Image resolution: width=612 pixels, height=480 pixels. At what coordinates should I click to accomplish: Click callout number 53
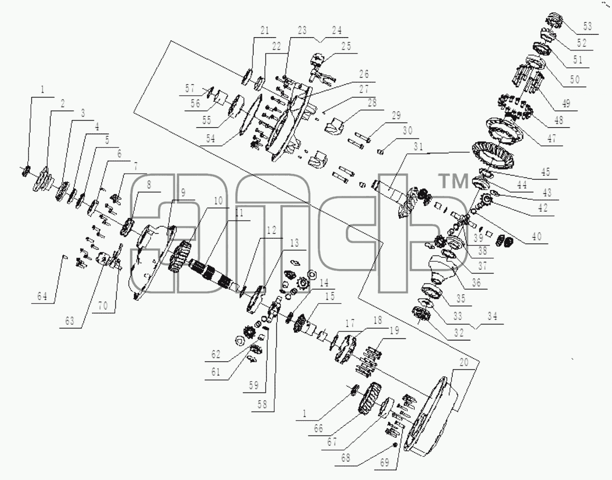tap(587, 26)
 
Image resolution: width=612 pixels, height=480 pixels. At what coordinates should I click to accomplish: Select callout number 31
tap(419, 147)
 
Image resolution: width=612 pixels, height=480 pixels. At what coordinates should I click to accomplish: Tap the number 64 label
tap(42, 296)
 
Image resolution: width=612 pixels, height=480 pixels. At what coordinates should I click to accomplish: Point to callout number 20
tap(464, 362)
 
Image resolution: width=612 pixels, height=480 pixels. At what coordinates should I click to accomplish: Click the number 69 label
tap(385, 462)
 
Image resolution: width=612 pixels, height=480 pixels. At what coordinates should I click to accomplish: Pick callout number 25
tap(346, 46)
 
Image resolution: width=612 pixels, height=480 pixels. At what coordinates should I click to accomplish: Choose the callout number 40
tap(537, 236)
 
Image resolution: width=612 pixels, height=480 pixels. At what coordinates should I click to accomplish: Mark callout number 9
tap(183, 193)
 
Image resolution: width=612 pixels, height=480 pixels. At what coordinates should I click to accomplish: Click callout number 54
tap(210, 138)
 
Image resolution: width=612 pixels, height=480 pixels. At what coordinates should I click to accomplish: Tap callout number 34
tap(493, 316)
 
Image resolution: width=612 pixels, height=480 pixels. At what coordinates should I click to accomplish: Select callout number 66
tap(319, 428)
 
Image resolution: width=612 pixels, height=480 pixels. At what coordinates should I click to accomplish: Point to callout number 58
tap(262, 405)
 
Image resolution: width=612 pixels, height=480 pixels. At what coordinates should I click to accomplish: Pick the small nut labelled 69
tap(395, 445)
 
